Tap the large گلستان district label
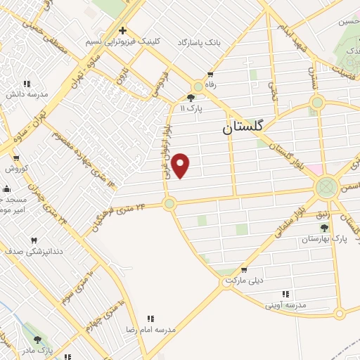(243, 126)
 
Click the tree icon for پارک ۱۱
(191, 98)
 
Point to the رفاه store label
(210, 83)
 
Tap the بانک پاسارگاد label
(198, 43)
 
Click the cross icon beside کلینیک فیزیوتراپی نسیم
(123, 31)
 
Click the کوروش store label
(16, 169)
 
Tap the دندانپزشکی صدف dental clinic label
(34, 250)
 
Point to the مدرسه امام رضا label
(155, 330)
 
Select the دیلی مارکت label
(244, 281)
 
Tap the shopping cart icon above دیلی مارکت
(244, 270)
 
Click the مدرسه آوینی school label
(285, 305)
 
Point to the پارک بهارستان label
(325, 239)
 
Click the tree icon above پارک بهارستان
(325, 228)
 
